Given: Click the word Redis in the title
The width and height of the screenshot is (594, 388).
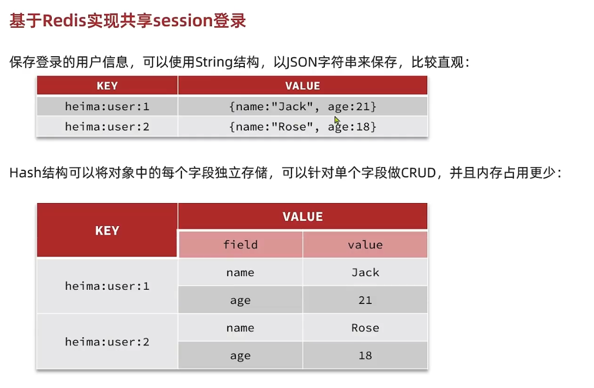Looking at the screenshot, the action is tap(65, 21).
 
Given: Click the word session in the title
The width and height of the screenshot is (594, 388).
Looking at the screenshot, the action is tap(183, 21).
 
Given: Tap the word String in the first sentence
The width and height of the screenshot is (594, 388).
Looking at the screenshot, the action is tap(214, 62).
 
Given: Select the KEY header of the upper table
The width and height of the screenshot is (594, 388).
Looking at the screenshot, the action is tap(107, 86).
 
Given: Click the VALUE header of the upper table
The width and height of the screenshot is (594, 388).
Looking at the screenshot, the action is tap(302, 86).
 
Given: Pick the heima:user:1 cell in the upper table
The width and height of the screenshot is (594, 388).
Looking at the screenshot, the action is tap(107, 106).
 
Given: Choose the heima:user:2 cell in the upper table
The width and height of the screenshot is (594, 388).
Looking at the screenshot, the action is tap(107, 127).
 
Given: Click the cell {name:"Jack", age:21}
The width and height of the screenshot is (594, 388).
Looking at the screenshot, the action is tap(302, 106).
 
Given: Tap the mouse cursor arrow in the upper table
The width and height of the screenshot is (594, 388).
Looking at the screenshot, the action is tap(337, 120).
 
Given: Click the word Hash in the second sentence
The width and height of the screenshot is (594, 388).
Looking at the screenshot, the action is tap(25, 173).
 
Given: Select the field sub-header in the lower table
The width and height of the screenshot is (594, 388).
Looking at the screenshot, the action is tap(240, 244).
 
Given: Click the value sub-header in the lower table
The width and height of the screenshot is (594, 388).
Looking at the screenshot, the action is tap(365, 244).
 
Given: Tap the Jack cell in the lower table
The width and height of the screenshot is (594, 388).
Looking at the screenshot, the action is tap(365, 272).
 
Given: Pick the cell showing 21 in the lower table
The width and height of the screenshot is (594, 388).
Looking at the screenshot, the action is tap(365, 300).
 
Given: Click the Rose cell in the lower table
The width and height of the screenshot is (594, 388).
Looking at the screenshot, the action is tap(365, 327).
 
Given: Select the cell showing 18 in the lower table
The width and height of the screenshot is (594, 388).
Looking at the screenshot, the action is tap(365, 355).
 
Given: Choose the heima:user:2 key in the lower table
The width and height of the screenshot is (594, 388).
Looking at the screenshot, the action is tap(107, 342).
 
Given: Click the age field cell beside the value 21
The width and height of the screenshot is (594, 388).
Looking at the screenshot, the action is tap(240, 300).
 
